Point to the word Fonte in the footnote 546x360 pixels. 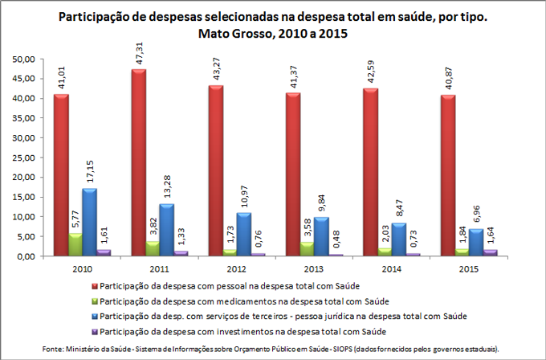coord(54,347)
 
